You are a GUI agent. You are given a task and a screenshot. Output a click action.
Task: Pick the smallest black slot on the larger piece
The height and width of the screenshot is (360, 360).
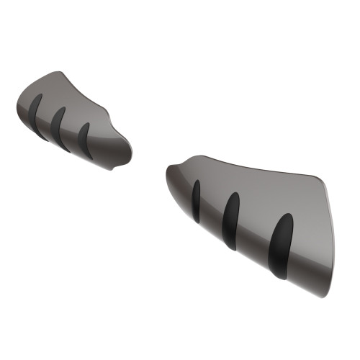coord(197,200)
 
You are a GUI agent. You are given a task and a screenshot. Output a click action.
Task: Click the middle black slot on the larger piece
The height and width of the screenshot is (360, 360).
coord(232,220)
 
